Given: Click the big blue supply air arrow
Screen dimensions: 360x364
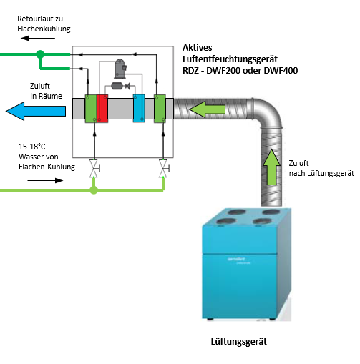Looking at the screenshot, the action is pyautogui.click(x=36, y=111).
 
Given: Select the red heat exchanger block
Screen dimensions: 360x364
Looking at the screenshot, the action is pyautogui.click(x=102, y=109).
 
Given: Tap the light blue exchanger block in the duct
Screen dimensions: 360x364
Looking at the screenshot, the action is pyautogui.click(x=139, y=108).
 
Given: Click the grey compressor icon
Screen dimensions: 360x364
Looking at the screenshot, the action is pyautogui.click(x=120, y=69).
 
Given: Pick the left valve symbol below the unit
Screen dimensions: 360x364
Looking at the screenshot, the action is pyautogui.click(x=94, y=169).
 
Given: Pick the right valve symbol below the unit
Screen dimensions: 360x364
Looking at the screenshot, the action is pyautogui.click(x=164, y=169).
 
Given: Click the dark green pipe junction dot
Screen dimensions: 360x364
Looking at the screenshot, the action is pyautogui.click(x=40, y=54).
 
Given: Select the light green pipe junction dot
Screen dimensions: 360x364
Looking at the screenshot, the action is pyautogui.click(x=94, y=190).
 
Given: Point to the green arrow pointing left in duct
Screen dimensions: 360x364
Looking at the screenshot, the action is pyautogui.click(x=207, y=109).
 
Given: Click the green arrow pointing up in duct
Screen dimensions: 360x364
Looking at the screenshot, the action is pyautogui.click(x=271, y=167).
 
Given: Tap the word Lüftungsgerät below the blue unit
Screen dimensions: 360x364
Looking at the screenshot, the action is pyautogui.click(x=239, y=342).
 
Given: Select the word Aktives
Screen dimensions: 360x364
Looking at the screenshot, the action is pyautogui.click(x=198, y=48).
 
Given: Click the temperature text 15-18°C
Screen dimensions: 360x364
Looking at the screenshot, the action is pyautogui.click(x=32, y=147).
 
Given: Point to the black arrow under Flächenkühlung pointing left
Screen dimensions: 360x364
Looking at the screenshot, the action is pyautogui.click(x=38, y=38).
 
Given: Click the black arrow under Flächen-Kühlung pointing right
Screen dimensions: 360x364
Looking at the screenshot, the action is pyautogui.click(x=45, y=180).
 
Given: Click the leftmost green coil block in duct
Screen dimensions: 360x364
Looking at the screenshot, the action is pyautogui.click(x=91, y=109).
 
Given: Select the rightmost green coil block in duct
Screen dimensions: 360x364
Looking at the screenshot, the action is pyautogui.click(x=160, y=109).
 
